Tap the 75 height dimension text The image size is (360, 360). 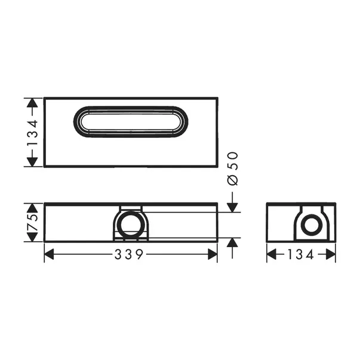click(33, 222)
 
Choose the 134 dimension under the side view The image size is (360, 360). click(301, 255)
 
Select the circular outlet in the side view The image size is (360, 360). click(310, 226)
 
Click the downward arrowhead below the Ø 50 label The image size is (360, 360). click(233, 207)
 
